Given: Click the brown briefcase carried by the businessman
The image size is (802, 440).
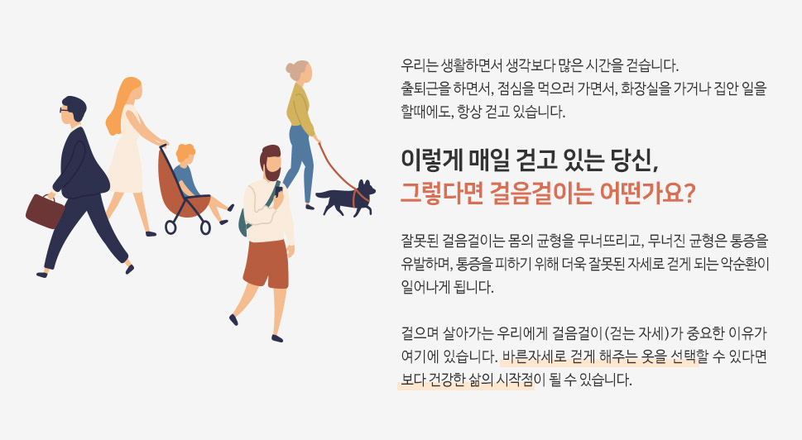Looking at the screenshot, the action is point(45,211).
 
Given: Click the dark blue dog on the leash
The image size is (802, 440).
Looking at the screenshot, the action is point(346,198).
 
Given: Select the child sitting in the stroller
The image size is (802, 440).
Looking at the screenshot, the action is point(197,181).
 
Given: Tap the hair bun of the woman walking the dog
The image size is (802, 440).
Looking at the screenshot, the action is point(290,68).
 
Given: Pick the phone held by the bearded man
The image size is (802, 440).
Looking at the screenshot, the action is point(278,191).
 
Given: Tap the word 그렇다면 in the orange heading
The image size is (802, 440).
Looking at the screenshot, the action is point(441,194).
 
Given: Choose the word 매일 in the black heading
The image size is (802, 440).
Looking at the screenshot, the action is point(482,161).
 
